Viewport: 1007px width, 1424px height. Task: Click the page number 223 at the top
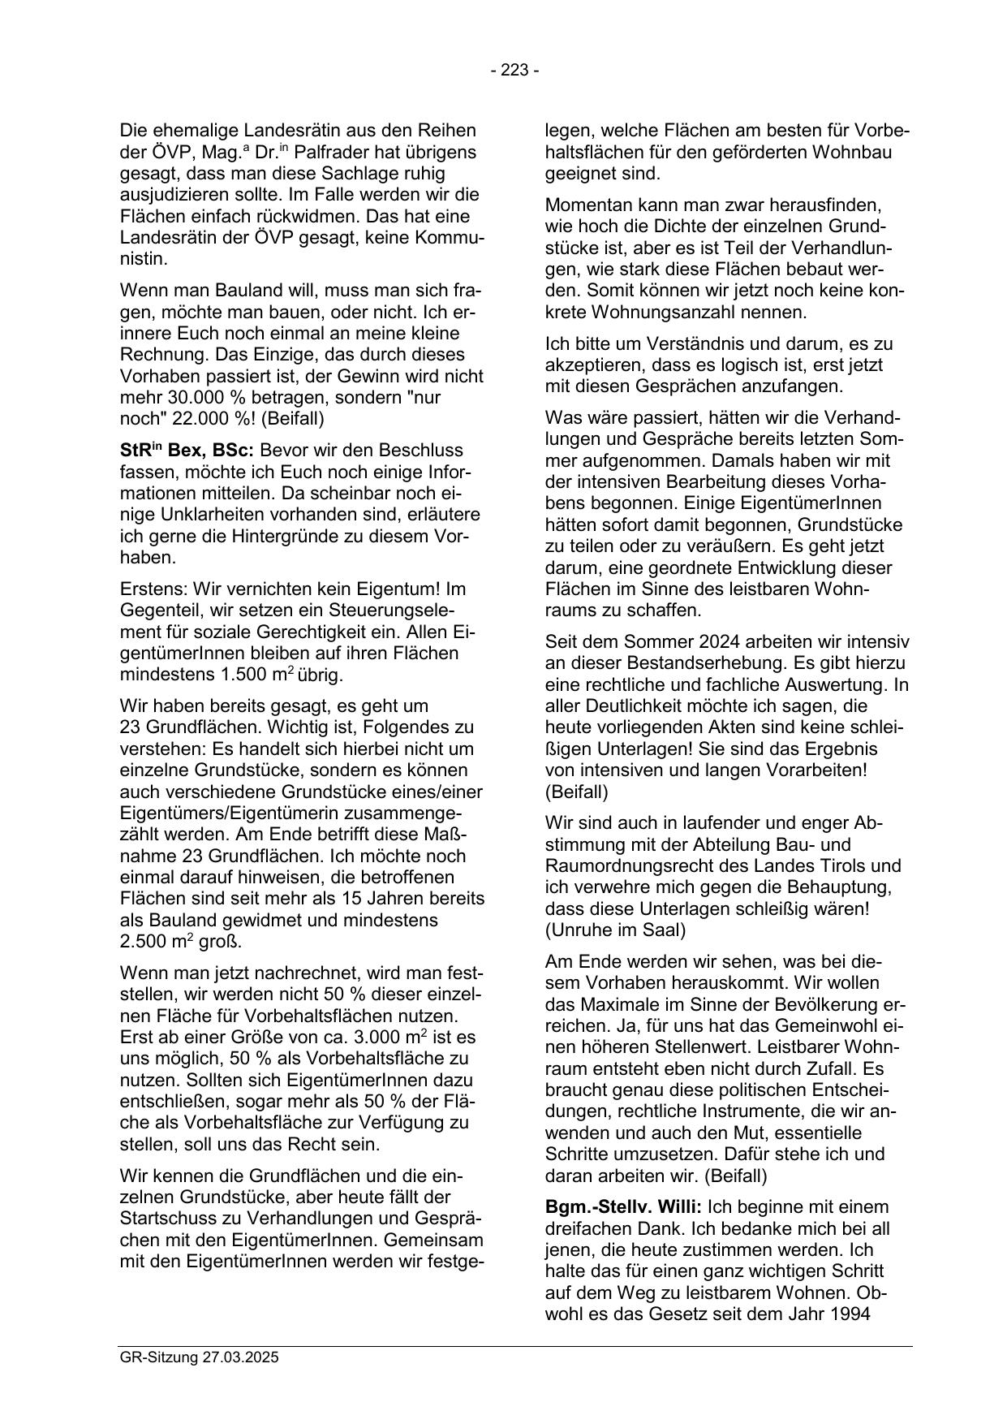click(514, 71)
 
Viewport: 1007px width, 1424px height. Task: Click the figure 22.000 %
click(204, 419)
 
